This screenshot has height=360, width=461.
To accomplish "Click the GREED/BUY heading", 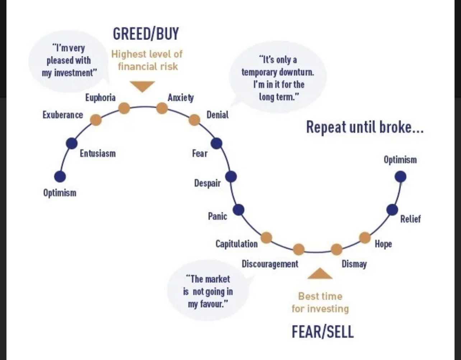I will [x=146, y=34].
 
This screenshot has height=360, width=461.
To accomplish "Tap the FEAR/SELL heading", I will [x=322, y=332].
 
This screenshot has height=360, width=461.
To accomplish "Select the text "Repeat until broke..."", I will [x=365, y=127].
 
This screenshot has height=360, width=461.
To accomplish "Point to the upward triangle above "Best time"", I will [x=320, y=274].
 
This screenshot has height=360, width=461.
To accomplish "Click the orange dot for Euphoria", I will [x=124, y=108].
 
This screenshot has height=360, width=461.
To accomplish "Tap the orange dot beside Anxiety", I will [x=162, y=108].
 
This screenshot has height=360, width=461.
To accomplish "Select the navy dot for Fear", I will [x=216, y=143].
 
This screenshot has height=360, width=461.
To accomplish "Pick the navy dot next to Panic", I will [x=238, y=210].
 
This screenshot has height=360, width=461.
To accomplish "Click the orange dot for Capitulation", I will [x=266, y=237].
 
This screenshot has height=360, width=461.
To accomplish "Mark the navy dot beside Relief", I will [x=392, y=210].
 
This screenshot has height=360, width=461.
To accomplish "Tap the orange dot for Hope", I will [x=365, y=237].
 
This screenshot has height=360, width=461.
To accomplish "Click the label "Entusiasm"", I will [x=98, y=153].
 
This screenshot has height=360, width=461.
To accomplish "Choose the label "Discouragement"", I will [x=270, y=264].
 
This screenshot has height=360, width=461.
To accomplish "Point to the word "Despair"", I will [x=207, y=183].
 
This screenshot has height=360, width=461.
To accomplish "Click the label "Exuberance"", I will [x=62, y=115].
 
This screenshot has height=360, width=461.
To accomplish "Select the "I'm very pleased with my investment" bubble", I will [x=69, y=60].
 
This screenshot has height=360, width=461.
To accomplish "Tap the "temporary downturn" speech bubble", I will [x=277, y=78].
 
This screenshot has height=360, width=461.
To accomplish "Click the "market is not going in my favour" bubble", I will [x=208, y=291].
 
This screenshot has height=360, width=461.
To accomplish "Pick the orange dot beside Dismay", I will [x=336, y=249].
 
